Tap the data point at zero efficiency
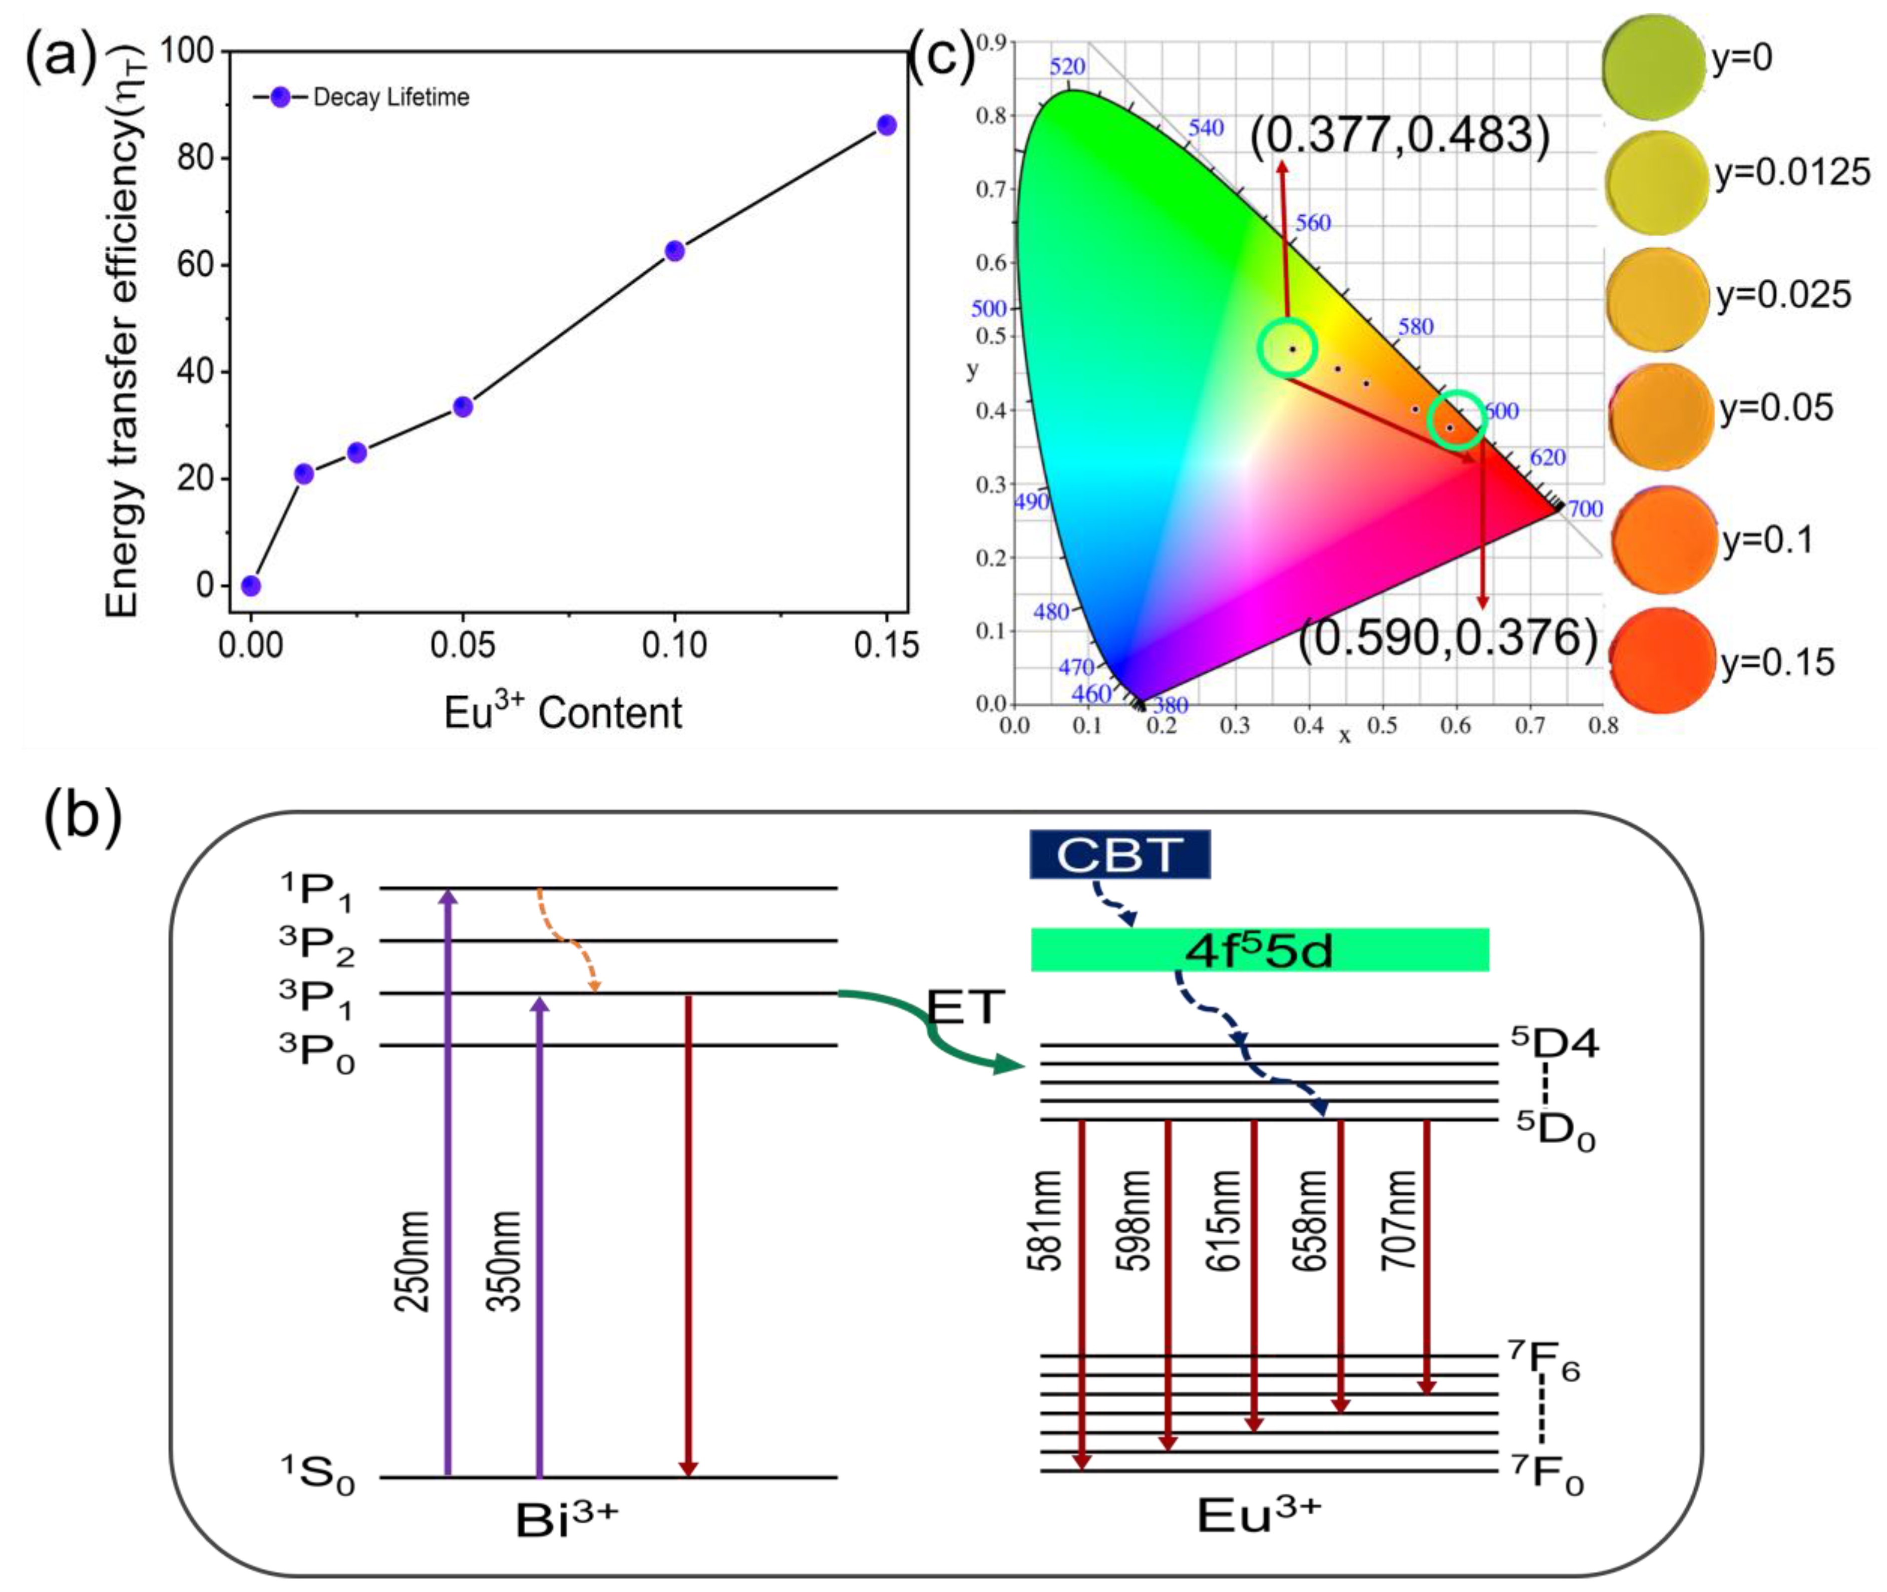point(251,586)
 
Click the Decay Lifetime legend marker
point(281,97)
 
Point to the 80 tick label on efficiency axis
point(195,158)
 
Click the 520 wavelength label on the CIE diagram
point(1067,66)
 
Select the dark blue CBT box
point(1119,854)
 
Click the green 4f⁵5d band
point(1260,949)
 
